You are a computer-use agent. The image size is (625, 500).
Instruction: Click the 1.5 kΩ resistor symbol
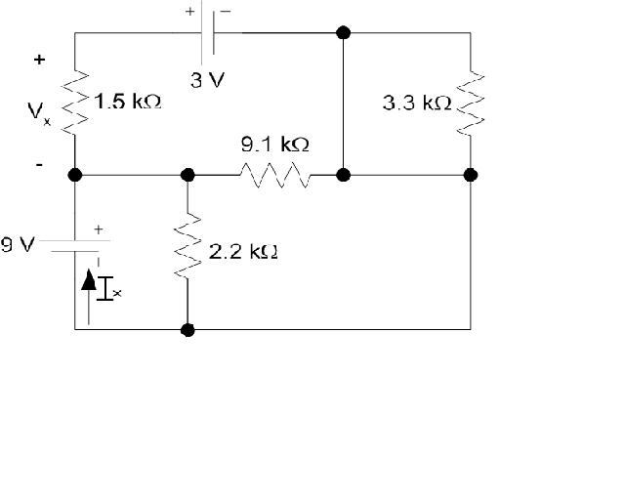[x=75, y=102]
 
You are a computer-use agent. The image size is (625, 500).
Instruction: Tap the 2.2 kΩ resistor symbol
[x=187, y=250]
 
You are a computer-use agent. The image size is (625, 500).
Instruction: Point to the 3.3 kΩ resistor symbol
[x=471, y=102]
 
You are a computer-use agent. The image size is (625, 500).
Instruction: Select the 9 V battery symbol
[x=75, y=243]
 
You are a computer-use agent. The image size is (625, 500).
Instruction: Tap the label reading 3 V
[x=205, y=81]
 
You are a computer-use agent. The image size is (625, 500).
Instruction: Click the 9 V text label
[x=18, y=245]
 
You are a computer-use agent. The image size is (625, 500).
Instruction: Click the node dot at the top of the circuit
[x=343, y=33]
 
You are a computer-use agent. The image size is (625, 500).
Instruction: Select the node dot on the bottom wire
[x=187, y=330]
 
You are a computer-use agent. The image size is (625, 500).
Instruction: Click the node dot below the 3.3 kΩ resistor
[x=471, y=176]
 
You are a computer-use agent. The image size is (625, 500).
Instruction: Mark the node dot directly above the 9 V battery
[x=75, y=176]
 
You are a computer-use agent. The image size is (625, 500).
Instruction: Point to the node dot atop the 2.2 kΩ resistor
[x=187, y=176]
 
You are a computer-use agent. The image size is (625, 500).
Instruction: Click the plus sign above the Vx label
[x=39, y=60]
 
